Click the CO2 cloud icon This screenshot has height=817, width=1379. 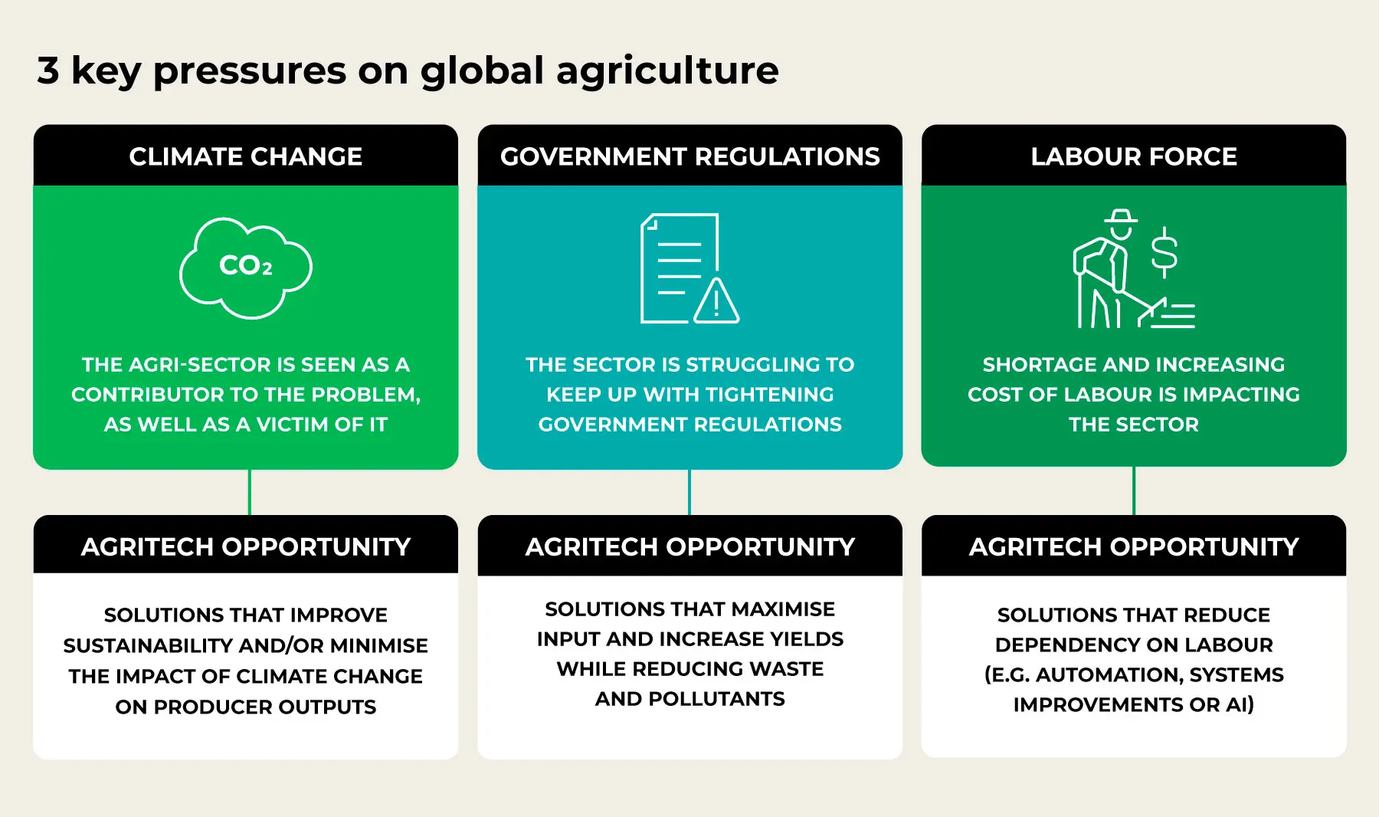(246, 267)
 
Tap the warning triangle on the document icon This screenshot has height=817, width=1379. (716, 303)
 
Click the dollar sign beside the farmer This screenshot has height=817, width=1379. (1164, 252)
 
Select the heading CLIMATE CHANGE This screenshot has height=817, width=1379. (246, 156)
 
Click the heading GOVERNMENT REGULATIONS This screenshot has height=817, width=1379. (689, 156)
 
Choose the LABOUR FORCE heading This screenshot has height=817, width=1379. (1133, 156)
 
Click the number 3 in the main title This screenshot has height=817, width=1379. (48, 71)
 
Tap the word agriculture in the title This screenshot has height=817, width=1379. (667, 71)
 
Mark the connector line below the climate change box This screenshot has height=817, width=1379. (250, 492)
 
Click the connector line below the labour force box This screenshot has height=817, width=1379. (1134, 491)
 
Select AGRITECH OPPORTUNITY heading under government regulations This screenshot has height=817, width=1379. (689, 546)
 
